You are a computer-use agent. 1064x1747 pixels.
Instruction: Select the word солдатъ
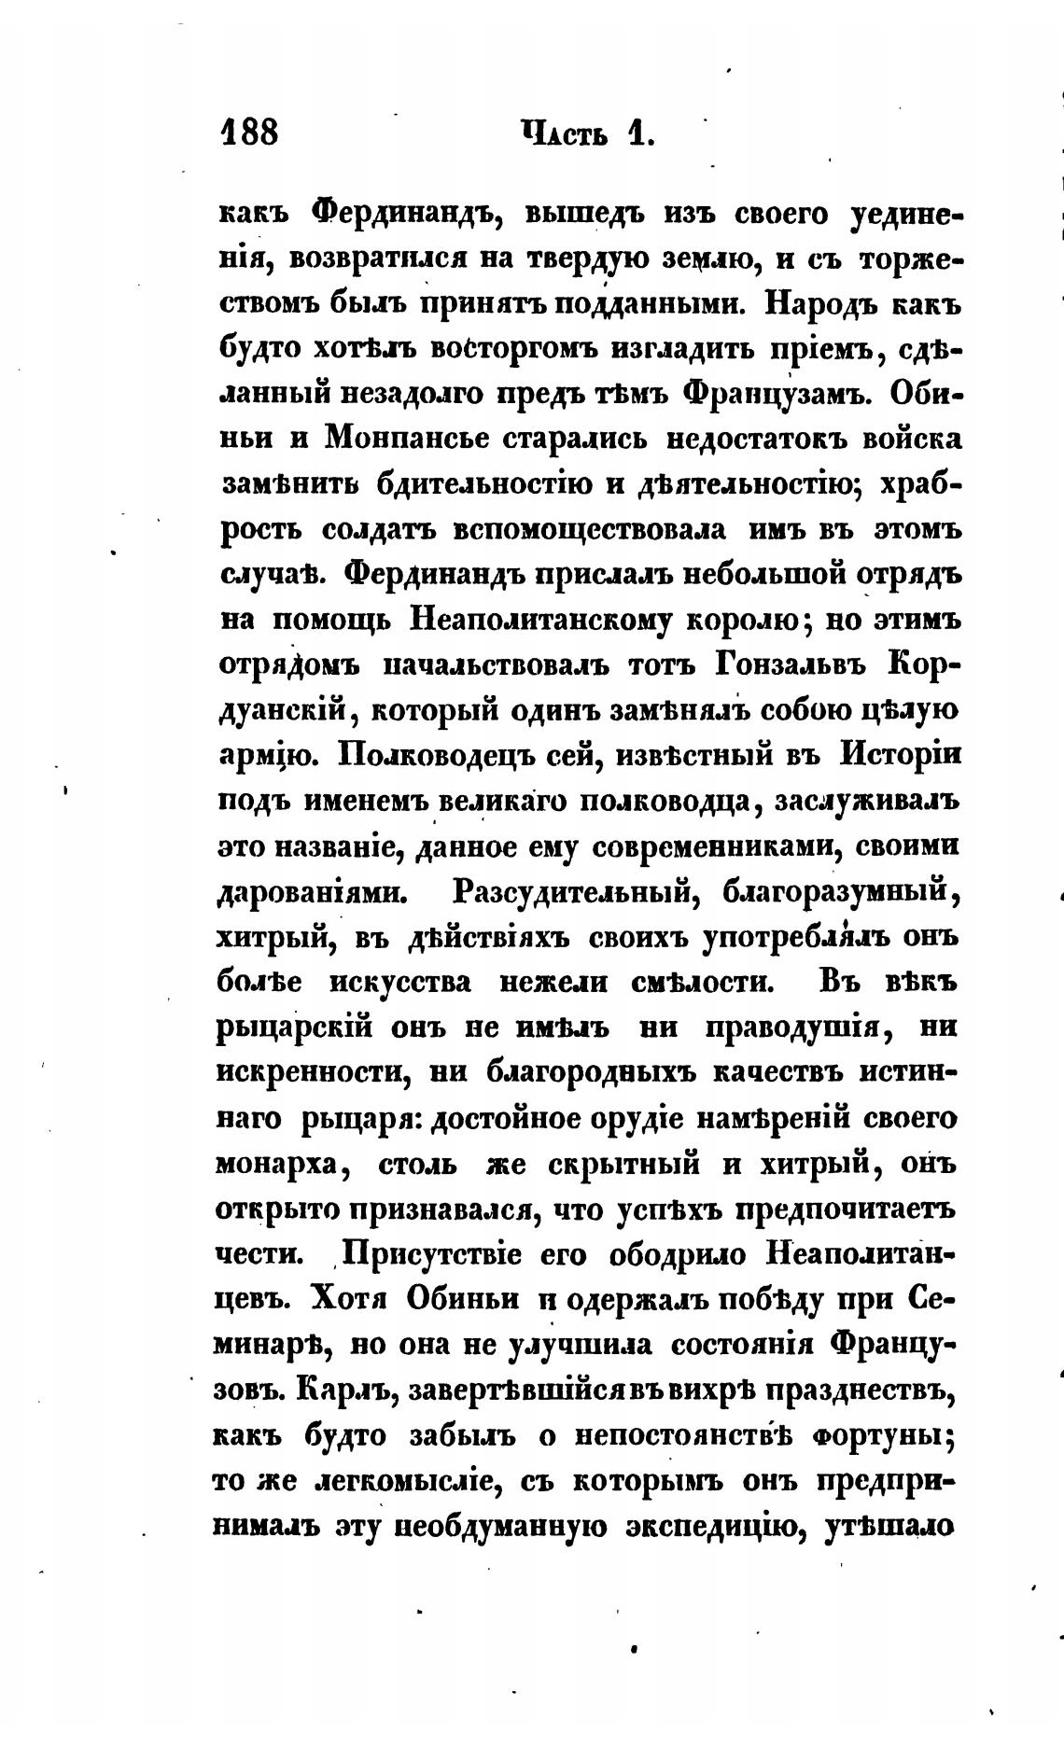click(379, 530)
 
